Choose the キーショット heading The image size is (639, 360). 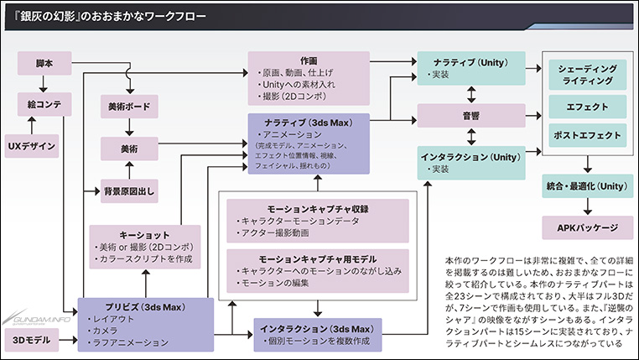tap(145, 234)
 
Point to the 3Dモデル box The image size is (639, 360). tap(31, 339)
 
